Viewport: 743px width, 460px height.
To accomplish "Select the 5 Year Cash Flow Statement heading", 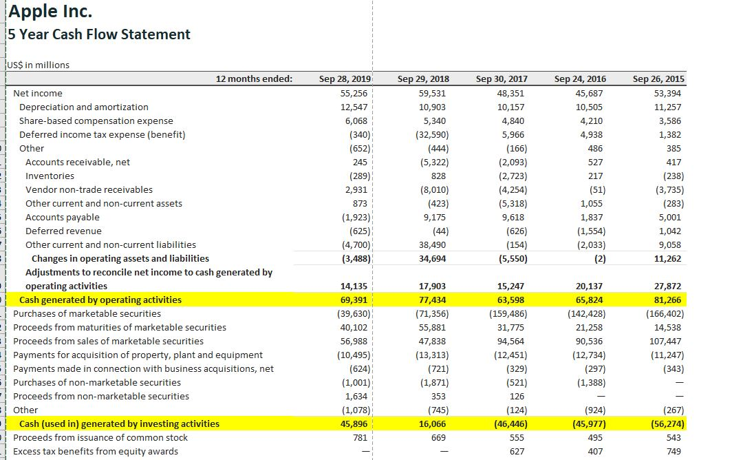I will tap(100, 34).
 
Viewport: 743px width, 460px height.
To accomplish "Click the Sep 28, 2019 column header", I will tap(345, 79).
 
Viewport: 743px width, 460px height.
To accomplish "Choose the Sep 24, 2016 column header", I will tap(580, 79).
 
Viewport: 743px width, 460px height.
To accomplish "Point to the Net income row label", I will tap(38, 93).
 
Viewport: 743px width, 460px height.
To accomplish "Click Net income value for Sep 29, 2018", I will tap(432, 93).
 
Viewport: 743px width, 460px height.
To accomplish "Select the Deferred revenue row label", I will tap(63, 231).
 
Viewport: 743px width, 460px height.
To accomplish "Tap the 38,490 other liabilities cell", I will tap(433, 244).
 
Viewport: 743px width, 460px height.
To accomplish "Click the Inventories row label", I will tap(50, 176).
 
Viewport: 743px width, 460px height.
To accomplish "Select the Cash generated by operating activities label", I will tap(100, 300).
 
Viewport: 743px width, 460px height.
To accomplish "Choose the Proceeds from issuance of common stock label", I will tap(100, 437).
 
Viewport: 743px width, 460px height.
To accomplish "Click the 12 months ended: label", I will tap(254, 79).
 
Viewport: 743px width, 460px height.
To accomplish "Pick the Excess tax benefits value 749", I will tap(674, 451).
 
